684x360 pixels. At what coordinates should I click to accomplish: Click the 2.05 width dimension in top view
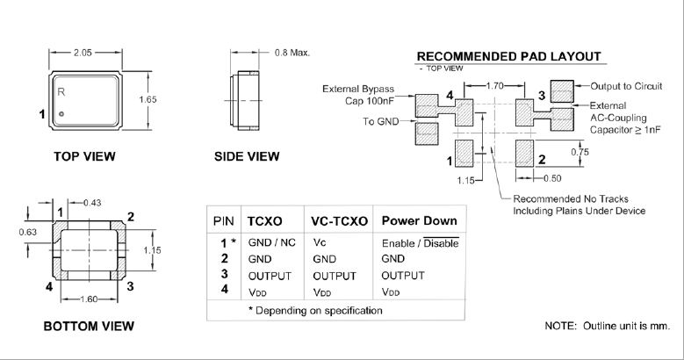83,53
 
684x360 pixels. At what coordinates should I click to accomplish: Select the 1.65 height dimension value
150,99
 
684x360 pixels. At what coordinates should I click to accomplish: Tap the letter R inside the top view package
61,91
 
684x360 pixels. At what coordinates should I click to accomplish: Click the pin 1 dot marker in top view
61,115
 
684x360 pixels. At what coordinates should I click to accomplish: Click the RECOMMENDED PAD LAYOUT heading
508,56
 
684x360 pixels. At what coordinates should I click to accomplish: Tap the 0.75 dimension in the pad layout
580,150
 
